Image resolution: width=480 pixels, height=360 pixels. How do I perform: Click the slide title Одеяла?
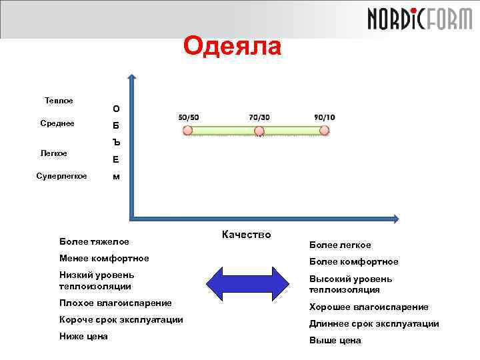pyautogui.click(x=233, y=47)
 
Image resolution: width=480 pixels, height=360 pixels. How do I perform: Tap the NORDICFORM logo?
pyautogui.click(x=419, y=18)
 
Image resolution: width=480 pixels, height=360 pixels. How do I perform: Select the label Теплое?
pyautogui.click(x=59, y=101)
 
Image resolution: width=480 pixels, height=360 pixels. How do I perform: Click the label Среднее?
pyautogui.click(x=57, y=123)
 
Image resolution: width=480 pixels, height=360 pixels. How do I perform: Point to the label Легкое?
pyautogui.click(x=53, y=153)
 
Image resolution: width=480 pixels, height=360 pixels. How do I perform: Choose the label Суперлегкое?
pyautogui.click(x=61, y=176)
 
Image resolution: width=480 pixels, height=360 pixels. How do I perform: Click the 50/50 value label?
pyautogui.click(x=189, y=117)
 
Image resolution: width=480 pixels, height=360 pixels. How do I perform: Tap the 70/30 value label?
pyautogui.click(x=259, y=117)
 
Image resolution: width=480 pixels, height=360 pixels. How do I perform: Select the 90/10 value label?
pyautogui.click(x=324, y=117)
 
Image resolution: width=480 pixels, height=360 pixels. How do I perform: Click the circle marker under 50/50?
pyautogui.click(x=189, y=131)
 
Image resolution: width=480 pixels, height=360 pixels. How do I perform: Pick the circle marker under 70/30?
pyautogui.click(x=259, y=131)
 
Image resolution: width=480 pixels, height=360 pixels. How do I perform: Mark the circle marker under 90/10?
pyautogui.click(x=325, y=131)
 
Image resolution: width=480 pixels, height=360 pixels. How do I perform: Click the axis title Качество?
pyautogui.click(x=246, y=234)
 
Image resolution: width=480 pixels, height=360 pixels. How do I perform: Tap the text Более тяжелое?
pyautogui.click(x=94, y=241)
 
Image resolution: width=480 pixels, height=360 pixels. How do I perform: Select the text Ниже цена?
pyautogui.click(x=83, y=337)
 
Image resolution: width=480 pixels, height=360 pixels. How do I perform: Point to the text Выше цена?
pyautogui.click(x=335, y=341)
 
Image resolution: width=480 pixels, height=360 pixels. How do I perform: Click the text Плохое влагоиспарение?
pyautogui.click(x=115, y=303)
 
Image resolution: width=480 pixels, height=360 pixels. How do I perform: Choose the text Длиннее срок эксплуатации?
pyautogui.click(x=374, y=324)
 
